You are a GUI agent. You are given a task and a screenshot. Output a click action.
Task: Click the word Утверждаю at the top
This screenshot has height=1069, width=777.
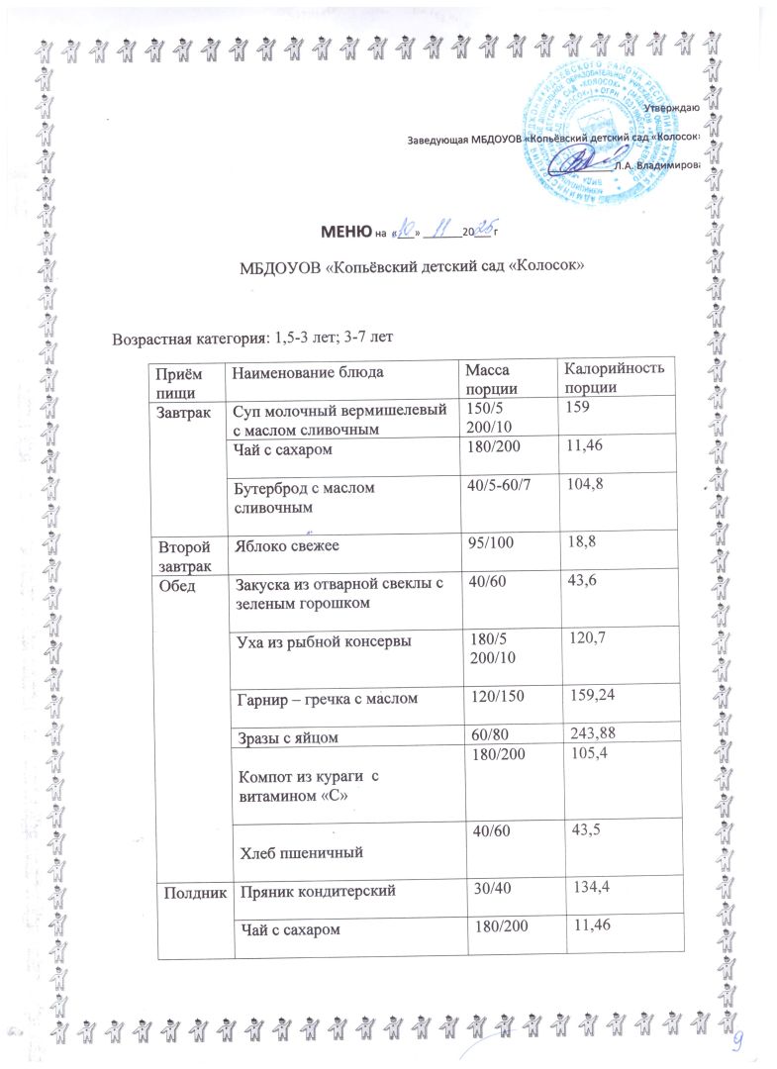click(672, 107)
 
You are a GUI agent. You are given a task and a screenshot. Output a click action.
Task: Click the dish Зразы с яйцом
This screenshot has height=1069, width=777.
click(287, 734)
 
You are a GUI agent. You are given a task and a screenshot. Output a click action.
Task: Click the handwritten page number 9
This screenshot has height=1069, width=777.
click(737, 1041)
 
